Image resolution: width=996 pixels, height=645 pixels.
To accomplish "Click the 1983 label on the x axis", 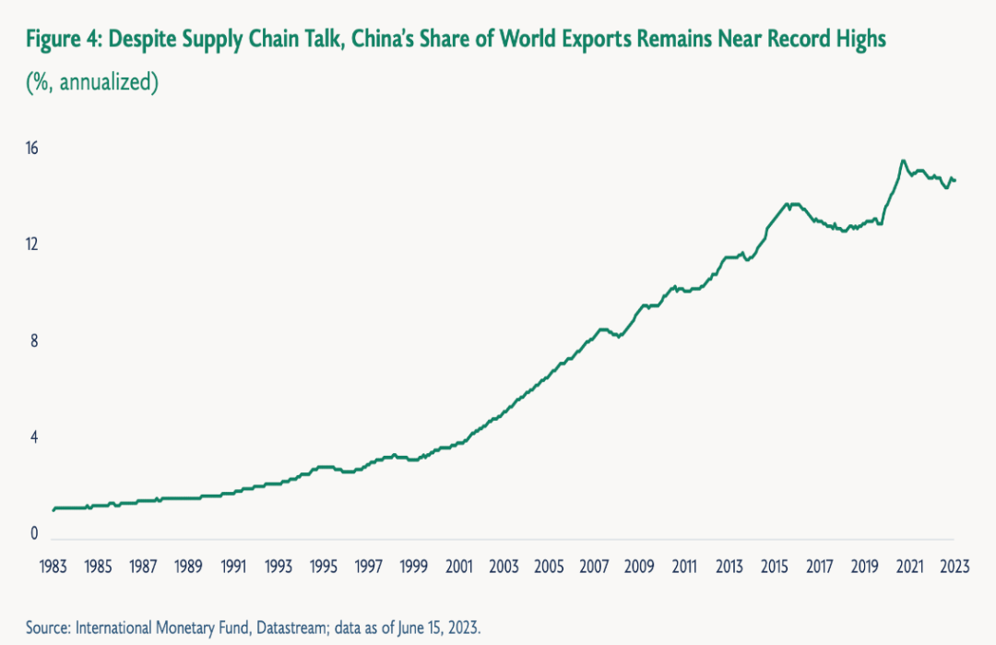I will [53, 566].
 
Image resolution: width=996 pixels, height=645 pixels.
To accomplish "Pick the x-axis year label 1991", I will [233, 566].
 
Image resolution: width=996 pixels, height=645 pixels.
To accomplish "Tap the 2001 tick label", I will [458, 566].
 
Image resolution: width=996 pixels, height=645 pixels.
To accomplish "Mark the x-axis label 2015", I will [774, 566].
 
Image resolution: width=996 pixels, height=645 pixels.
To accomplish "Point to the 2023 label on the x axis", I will [954, 566].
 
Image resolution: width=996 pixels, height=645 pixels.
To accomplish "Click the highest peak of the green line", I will [903, 161].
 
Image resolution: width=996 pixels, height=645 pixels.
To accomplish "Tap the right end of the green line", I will [955, 180].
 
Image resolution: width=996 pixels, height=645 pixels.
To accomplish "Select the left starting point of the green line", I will [53, 509].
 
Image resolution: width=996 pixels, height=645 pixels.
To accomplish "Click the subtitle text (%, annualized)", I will [92, 82].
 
